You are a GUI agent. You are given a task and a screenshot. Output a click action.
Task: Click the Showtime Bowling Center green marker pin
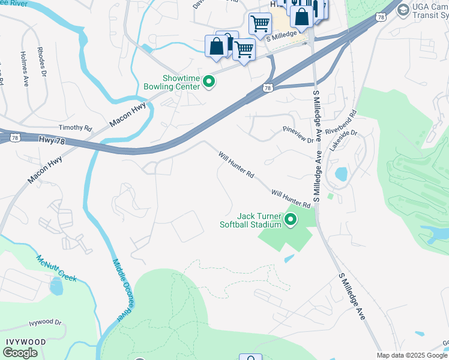tap(209, 82)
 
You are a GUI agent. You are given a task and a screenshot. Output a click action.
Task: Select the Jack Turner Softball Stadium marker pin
tap(291, 220)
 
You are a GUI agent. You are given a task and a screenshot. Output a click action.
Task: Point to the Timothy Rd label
tap(75, 128)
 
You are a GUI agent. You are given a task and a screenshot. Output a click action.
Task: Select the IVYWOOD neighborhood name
tap(26, 341)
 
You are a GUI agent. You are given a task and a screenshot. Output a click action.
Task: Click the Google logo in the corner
tap(20, 353)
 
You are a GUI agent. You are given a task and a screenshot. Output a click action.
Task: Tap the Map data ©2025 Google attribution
tap(412, 355)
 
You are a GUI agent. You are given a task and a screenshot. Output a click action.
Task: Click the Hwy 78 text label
tap(50, 139)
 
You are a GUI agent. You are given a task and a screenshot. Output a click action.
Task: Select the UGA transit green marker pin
tap(403, 10)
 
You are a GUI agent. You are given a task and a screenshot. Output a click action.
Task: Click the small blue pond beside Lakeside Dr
tap(341, 174)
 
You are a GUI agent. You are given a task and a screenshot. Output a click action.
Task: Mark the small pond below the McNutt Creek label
tap(56, 287)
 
